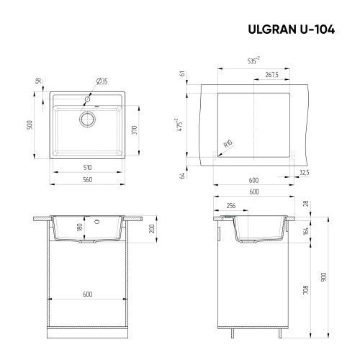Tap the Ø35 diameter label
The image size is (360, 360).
point(102,81)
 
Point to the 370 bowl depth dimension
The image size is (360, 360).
point(135,130)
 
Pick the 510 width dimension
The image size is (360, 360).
point(87,167)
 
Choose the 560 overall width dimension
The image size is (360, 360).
point(87,179)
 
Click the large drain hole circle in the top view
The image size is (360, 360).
point(88,117)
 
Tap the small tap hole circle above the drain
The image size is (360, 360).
point(88,96)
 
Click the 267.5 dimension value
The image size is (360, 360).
point(272,75)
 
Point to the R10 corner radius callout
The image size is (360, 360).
point(228,144)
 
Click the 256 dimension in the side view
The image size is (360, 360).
point(231,204)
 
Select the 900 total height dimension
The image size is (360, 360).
point(324,276)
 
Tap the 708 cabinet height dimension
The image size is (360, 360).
point(307,289)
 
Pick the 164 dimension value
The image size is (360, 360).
point(307,231)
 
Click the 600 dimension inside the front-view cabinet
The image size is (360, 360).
point(87,294)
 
